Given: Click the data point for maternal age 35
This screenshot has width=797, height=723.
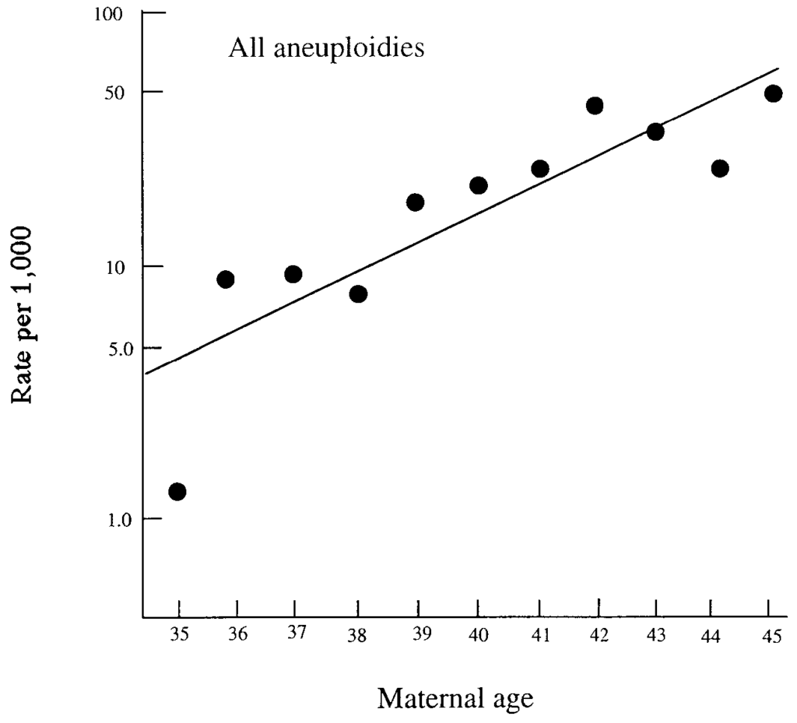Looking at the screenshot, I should click(x=177, y=491).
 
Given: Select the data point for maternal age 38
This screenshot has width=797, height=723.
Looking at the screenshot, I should click(x=358, y=293).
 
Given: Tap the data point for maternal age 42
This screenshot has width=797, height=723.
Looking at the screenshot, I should click(x=595, y=106).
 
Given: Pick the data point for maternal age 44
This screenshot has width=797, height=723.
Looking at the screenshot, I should click(x=720, y=168).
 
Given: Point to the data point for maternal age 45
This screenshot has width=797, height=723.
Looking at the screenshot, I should click(x=773, y=93).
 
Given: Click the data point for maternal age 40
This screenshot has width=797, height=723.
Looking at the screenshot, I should click(x=479, y=185).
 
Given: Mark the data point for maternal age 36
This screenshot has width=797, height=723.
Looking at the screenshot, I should click(x=226, y=279).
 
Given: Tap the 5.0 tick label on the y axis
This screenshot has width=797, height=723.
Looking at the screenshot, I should click(x=116, y=347).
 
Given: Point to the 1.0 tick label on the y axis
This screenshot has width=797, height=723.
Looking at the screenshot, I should click(x=117, y=518).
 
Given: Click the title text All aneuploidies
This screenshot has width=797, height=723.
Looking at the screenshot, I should click(x=326, y=48).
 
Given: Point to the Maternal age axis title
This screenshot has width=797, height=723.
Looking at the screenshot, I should click(x=455, y=698).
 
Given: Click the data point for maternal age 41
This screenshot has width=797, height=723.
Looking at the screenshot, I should click(x=540, y=169).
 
